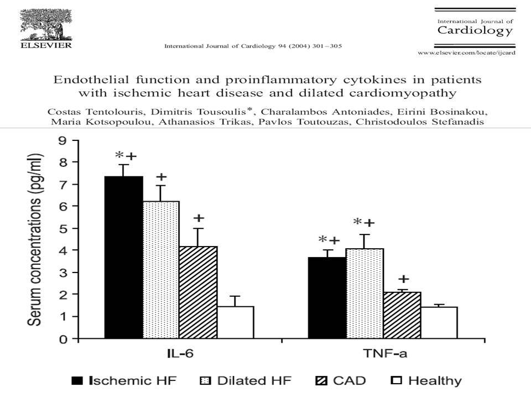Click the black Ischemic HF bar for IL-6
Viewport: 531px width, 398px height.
[123, 257]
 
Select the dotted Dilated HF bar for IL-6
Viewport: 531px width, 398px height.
[161, 270]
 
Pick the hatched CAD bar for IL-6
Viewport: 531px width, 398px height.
[198, 292]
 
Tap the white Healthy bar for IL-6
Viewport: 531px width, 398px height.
[236, 322]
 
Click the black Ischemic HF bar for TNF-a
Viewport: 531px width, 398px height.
[327, 298]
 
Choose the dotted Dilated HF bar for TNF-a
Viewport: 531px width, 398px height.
[365, 294]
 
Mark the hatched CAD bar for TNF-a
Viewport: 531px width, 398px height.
[402, 315]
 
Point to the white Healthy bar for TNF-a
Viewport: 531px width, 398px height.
[439, 322]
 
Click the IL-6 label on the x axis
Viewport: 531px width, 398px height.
[180, 354]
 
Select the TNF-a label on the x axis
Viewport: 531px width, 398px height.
[385, 354]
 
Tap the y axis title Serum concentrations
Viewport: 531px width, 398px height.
[35, 240]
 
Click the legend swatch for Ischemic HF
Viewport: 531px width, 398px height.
[77, 381]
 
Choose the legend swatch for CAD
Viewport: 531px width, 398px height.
[321, 381]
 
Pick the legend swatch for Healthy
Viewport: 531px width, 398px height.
[397, 380]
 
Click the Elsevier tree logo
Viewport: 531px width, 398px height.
[46, 25]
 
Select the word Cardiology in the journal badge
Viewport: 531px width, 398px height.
[475, 30]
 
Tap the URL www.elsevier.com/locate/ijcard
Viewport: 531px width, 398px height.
[466, 53]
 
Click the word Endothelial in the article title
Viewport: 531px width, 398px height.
[91, 80]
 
